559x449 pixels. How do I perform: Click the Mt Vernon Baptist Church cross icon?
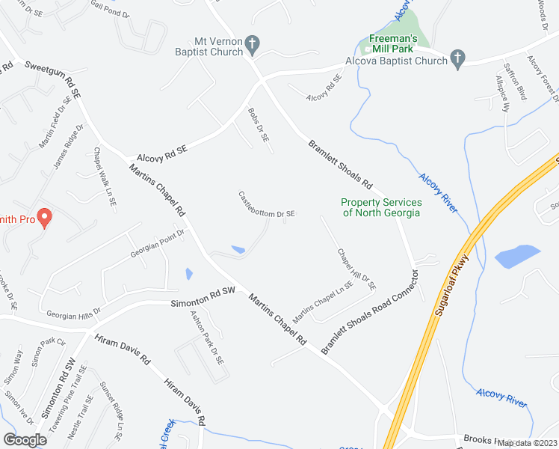(x=253, y=44)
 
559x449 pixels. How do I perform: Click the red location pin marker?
(x=43, y=218)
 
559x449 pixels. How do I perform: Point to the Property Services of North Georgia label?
(x=381, y=207)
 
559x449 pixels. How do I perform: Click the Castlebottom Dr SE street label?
(x=267, y=205)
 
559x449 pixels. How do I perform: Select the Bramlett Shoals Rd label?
(x=340, y=163)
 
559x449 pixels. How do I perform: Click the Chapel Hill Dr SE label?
(x=356, y=269)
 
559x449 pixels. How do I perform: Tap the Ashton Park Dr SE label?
(x=206, y=338)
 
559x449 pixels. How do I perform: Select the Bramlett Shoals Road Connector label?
(x=371, y=313)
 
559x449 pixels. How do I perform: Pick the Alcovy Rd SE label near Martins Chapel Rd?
(x=161, y=153)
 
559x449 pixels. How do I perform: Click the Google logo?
(x=25, y=439)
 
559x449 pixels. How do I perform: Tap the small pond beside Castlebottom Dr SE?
(x=238, y=249)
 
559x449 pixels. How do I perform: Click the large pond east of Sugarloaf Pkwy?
(x=517, y=256)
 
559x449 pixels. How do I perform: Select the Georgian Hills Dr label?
(x=73, y=313)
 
